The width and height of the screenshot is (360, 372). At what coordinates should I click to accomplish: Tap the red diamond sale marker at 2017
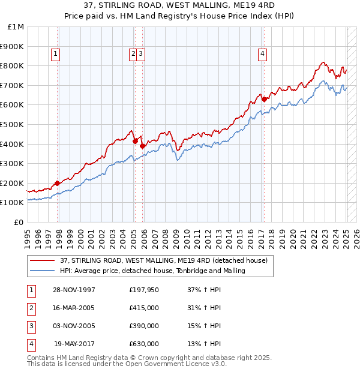264,99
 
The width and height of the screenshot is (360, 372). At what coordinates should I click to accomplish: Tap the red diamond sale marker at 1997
58,183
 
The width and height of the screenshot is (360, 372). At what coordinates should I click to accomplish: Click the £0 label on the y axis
19,222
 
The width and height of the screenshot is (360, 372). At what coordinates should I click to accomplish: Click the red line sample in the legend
43,260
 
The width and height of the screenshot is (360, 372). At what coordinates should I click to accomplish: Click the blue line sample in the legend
43,271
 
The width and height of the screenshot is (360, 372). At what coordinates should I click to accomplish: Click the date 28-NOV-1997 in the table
74,290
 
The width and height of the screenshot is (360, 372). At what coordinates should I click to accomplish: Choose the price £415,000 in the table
144,308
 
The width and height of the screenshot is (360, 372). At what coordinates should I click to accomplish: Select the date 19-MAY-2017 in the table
75,344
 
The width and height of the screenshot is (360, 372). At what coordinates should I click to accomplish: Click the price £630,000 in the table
144,344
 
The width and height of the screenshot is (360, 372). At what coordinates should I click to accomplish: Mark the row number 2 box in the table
29,308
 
